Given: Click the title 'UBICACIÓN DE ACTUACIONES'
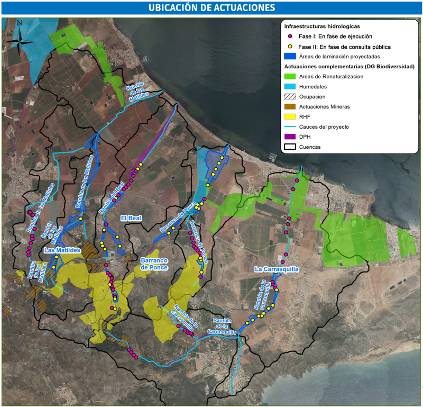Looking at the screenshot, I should click(x=212, y=8).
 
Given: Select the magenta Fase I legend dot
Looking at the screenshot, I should click(x=289, y=37).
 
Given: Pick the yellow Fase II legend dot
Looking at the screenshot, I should click(x=289, y=46).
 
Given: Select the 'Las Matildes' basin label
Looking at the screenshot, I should click(x=62, y=250).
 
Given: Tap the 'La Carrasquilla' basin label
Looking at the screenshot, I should click(x=277, y=269).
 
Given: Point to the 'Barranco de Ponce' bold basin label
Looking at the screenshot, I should click(x=154, y=264).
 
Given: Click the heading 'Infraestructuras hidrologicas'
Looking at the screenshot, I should click(x=322, y=26).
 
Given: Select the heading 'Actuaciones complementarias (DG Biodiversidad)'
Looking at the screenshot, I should click(x=348, y=67).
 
